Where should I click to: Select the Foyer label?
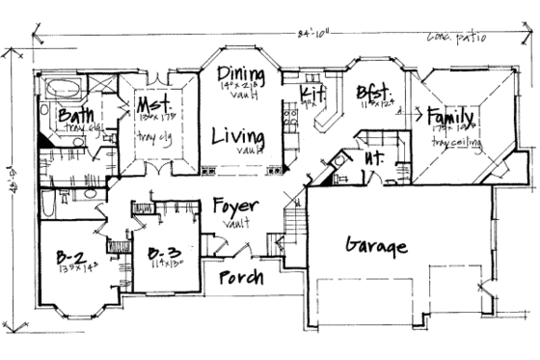point(234,205)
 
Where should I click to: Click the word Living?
point(239,135)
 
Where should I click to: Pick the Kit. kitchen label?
point(311,92)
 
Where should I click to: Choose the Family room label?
point(451,114)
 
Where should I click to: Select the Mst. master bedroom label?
point(152,104)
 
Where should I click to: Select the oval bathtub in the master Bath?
point(64,89)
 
